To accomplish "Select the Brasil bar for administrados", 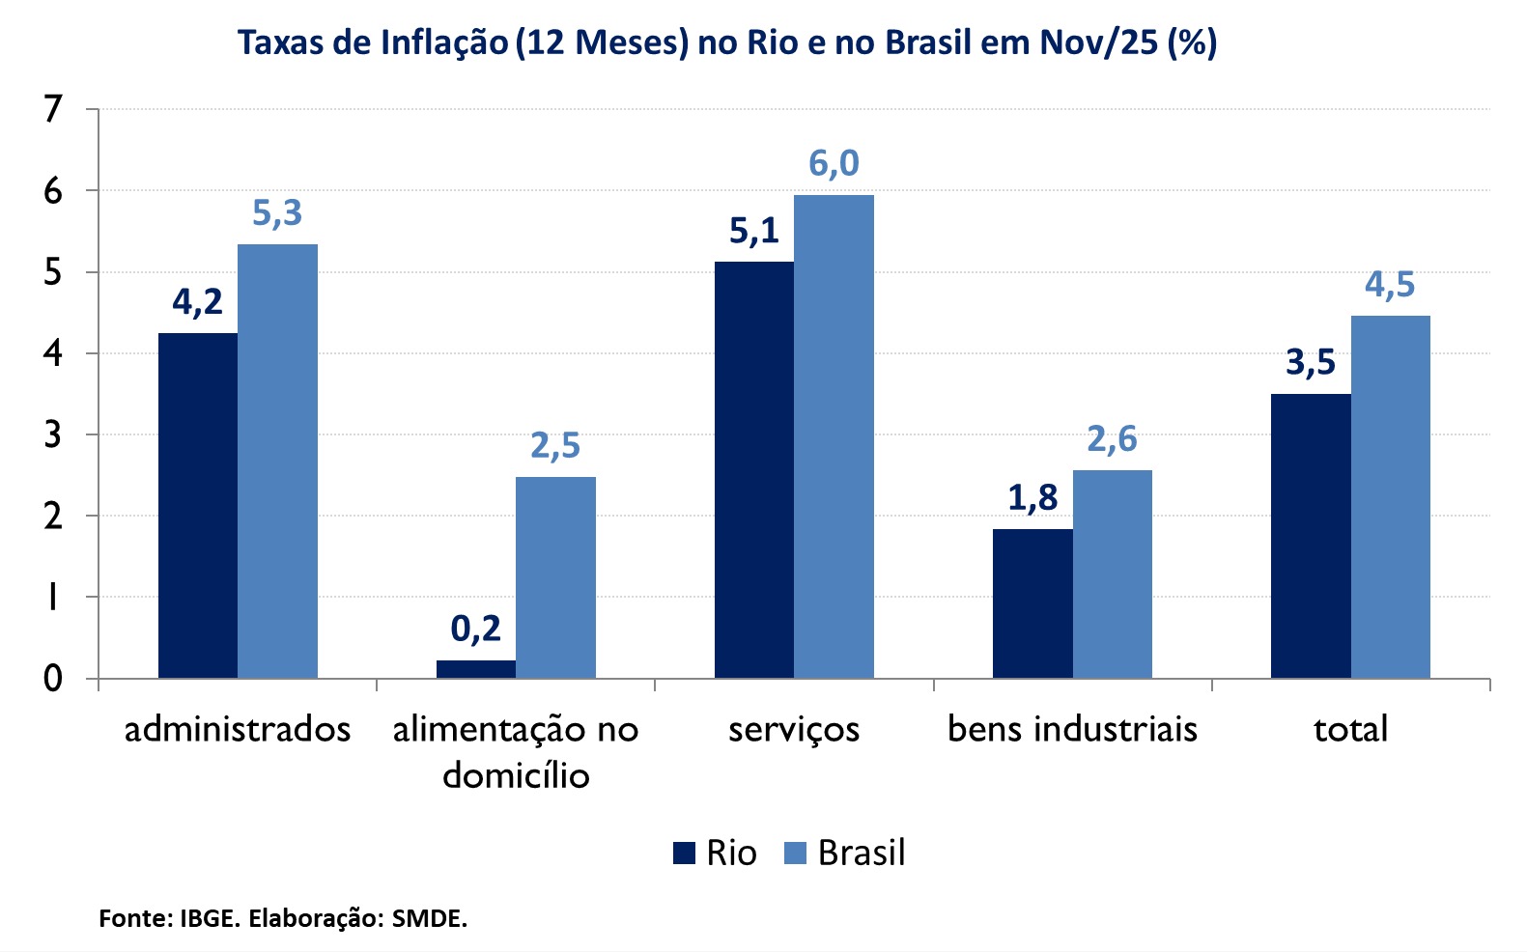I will click(277, 461).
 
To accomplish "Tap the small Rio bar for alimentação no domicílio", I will click(476, 668).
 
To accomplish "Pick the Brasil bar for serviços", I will click(834, 436).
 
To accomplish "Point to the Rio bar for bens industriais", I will click(1032, 602).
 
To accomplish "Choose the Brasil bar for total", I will click(1390, 496).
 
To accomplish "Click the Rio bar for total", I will click(1311, 536).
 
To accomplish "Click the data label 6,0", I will click(834, 164).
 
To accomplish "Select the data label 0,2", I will click(476, 630).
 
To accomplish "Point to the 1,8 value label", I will click(1032, 498).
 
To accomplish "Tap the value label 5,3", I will click(277, 213).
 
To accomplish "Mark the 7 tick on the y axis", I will click(53, 110).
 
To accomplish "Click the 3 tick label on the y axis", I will click(53, 434).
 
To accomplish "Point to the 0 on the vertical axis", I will click(53, 679).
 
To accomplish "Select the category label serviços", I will click(794, 729).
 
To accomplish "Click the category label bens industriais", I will click(1072, 729).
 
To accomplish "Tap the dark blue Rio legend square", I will click(685, 854).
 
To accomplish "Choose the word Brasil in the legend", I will click(862, 854).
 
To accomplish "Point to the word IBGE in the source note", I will click(208, 918).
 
